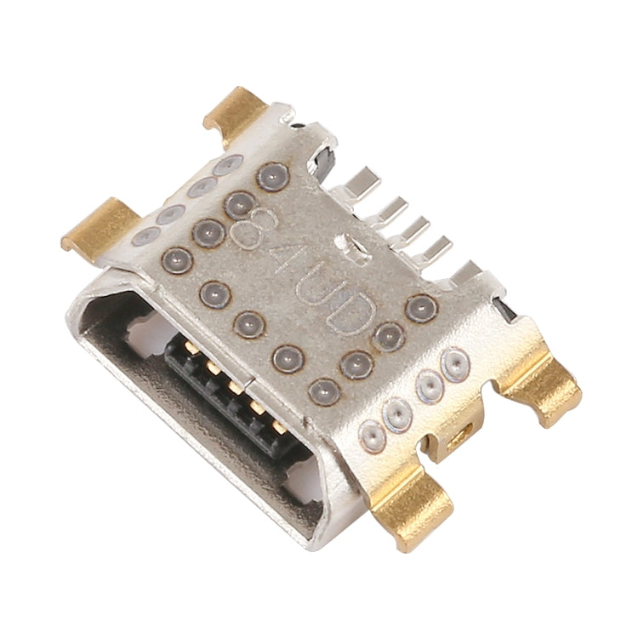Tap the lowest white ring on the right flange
click(x=372, y=436)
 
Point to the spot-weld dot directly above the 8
click(x=239, y=203)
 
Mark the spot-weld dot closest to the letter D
click(x=389, y=336)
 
